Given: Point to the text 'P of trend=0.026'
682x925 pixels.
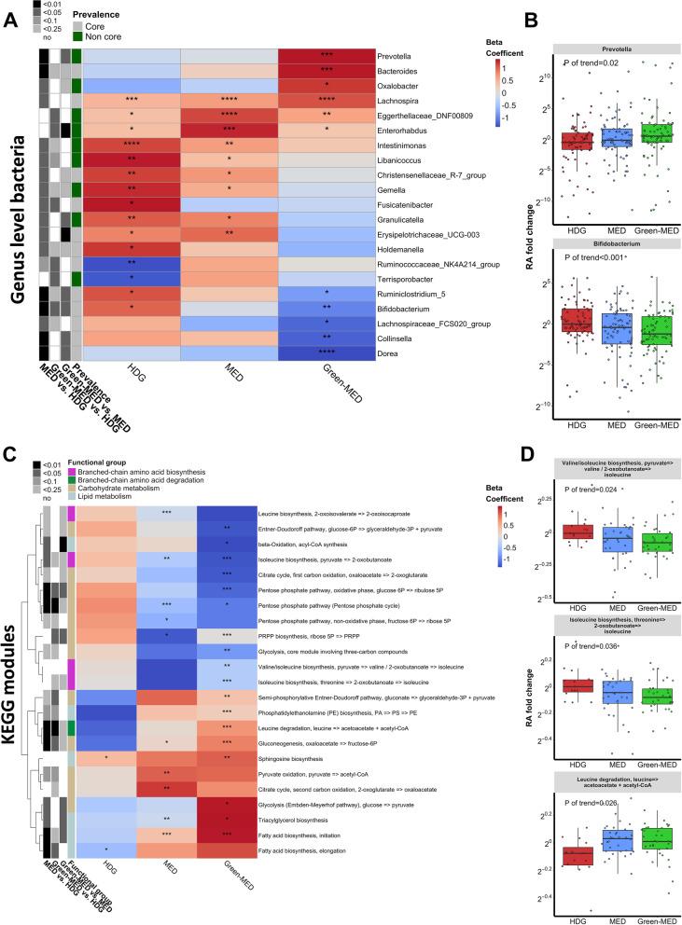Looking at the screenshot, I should tap(563, 802).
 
